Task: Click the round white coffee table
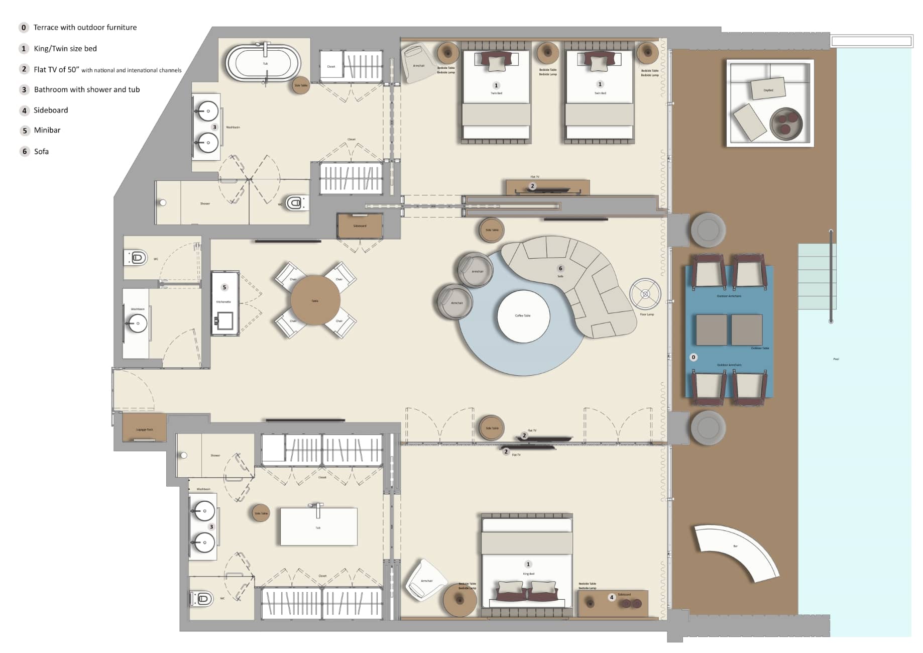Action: (523, 316)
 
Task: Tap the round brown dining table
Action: (315, 300)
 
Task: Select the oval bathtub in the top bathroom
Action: (263, 63)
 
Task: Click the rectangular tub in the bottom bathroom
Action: (318, 526)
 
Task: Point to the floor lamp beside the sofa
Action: (645, 294)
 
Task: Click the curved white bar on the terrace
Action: (736, 550)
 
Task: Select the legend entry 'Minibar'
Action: (47, 130)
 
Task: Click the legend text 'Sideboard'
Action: (50, 110)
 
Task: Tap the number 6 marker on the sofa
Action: (560, 268)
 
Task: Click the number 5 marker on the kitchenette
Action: (224, 287)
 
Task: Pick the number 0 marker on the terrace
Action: (694, 357)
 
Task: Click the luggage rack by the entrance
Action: (144, 427)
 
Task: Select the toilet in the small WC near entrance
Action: (136, 258)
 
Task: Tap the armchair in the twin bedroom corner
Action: (417, 63)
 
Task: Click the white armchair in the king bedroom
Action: (426, 580)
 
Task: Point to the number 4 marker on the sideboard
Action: (611, 597)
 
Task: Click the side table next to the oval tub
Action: (300, 85)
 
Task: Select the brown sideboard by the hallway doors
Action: (360, 226)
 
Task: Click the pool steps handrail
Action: (831, 276)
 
